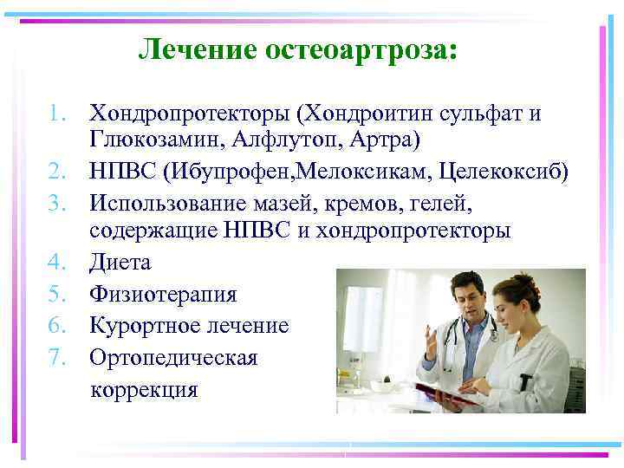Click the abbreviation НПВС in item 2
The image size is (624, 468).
(118, 172)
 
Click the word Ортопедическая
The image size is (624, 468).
(173, 357)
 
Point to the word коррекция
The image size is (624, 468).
(144, 389)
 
